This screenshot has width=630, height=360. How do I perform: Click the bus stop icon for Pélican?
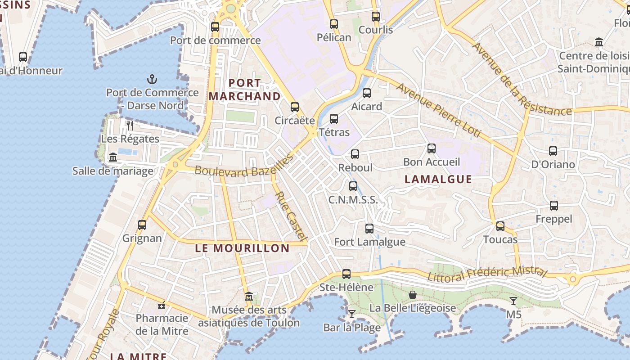tap(333, 24)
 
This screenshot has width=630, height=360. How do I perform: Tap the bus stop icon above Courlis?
tap(376, 17)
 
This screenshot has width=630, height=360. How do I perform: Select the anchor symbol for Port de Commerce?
tap(152, 80)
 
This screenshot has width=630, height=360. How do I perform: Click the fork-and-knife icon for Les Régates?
tap(130, 125)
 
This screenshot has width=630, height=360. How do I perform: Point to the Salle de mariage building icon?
tap(113, 157)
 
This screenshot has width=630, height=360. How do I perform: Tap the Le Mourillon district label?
tap(242, 248)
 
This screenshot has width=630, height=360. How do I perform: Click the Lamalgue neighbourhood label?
tap(438, 179)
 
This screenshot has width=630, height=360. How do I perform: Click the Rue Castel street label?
tap(291, 216)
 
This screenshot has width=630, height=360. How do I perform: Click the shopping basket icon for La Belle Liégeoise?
tap(412, 295)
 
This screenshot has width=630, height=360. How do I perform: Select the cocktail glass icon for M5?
tap(513, 301)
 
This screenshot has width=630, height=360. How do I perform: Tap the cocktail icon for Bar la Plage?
tap(352, 314)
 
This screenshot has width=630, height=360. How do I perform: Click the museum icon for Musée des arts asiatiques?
tap(249, 296)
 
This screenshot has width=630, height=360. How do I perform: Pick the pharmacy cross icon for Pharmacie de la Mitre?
tap(162, 305)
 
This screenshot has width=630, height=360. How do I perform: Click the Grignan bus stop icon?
tap(142, 225)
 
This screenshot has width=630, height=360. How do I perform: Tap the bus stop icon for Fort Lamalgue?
tap(369, 228)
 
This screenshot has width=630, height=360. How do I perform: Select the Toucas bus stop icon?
tap(500, 226)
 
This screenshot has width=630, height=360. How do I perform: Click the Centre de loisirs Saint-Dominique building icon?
tap(599, 42)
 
